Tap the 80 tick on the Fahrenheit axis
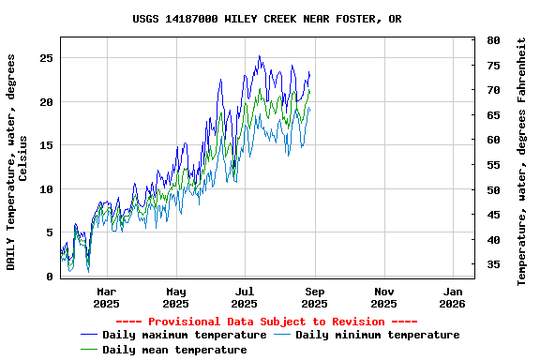pos(493,41)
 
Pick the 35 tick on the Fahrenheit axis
pos(493,265)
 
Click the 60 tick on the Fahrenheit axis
pos(493,141)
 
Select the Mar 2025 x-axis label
pos(107,297)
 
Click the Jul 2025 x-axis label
pos(244,297)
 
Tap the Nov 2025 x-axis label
pos(383,297)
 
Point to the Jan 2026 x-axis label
pos(452,297)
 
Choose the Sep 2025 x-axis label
pos(314,297)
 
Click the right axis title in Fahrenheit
pos(522,161)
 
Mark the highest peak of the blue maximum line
pos(260,56)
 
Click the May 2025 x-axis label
pos(175,297)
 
